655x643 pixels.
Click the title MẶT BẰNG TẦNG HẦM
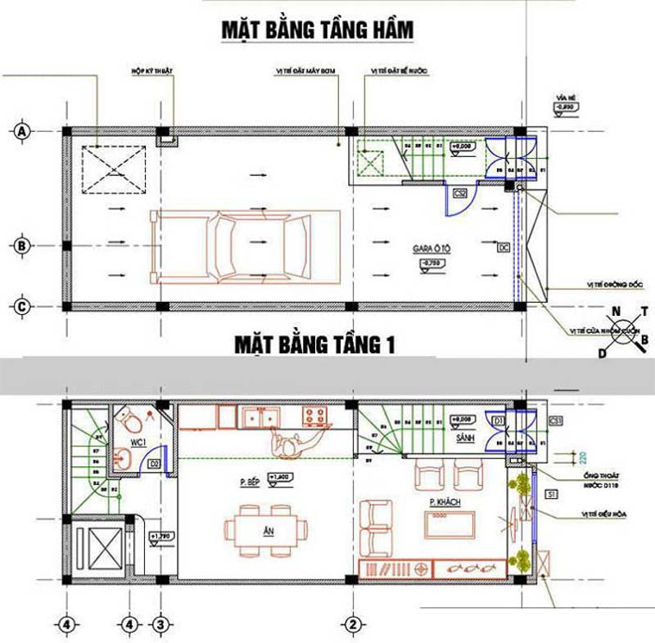coord(318,30)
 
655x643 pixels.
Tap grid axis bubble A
coord(23,131)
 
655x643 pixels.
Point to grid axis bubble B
coord(23,245)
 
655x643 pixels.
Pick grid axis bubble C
coord(23,307)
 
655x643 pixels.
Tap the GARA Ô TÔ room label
coord(429,245)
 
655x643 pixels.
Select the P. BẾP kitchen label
coord(251,483)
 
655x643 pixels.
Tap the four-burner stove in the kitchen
coord(315,416)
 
